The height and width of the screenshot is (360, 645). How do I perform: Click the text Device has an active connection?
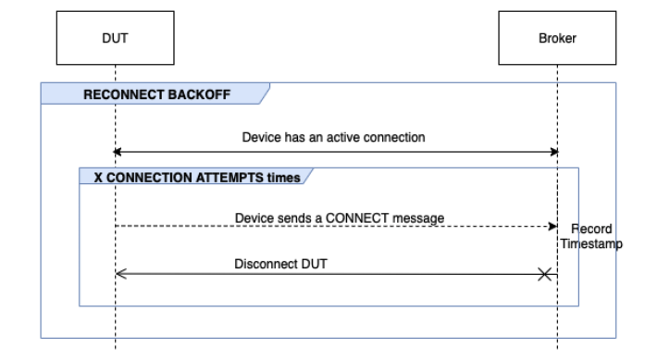(x=333, y=137)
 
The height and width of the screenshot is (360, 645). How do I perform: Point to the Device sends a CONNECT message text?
(x=339, y=217)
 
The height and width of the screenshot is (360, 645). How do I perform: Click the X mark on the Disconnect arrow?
(x=546, y=274)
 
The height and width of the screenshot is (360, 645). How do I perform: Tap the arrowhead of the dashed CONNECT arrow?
(x=551, y=226)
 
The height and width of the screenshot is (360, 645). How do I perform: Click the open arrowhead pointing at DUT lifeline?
(x=119, y=274)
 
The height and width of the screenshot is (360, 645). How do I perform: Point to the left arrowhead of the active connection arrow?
(x=118, y=151)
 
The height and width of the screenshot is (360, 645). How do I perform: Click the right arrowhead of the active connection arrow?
(x=552, y=151)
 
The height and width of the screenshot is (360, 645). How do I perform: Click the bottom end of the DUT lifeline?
(x=115, y=347)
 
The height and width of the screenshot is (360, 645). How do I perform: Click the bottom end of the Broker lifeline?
(x=557, y=347)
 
